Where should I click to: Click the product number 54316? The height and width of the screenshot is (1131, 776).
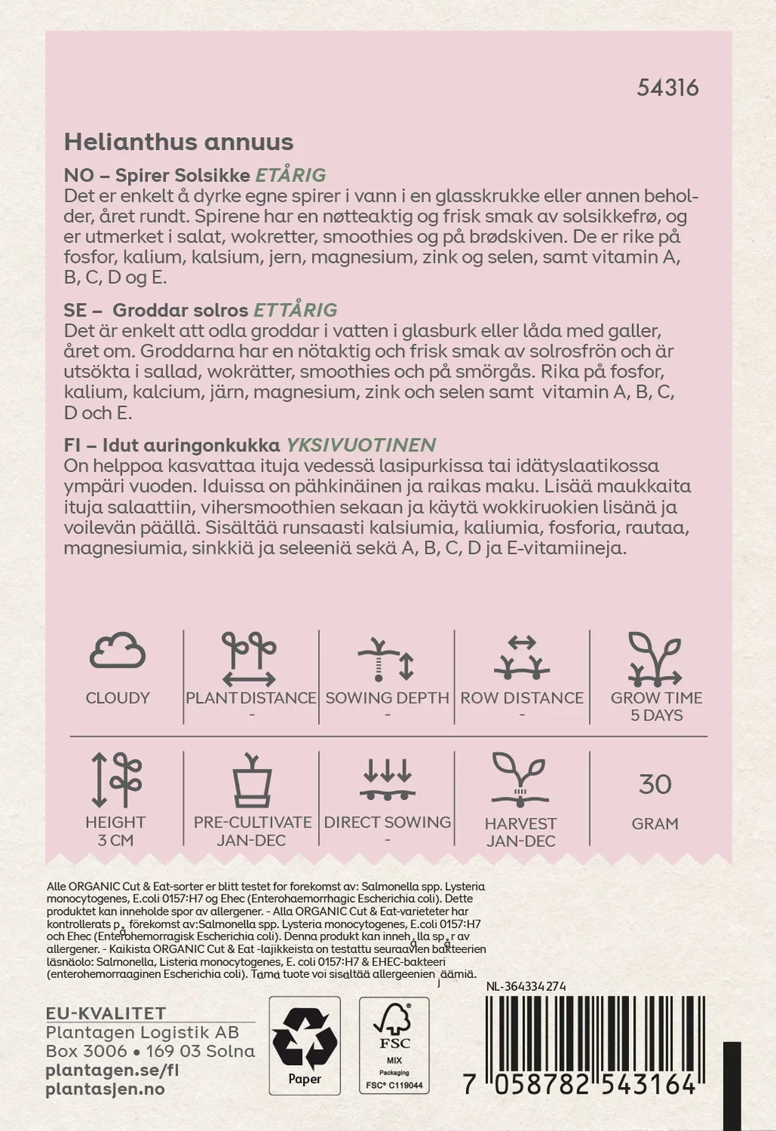668,88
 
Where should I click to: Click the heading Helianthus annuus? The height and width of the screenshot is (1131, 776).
179,142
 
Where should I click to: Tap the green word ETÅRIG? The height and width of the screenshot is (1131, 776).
290,175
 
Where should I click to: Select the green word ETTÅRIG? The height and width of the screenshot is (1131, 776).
295,310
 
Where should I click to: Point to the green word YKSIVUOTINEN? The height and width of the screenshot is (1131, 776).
360,445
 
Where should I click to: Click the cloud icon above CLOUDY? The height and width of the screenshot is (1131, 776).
117,651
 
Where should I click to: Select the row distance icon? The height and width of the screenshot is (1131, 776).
521,657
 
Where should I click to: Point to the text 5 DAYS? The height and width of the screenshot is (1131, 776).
656,715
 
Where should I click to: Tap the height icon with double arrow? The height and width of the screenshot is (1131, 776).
116,780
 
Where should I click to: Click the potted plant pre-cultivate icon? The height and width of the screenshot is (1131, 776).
252,781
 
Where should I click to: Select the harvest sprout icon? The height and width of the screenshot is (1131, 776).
520,780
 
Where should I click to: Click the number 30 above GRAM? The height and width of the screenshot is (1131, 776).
655,784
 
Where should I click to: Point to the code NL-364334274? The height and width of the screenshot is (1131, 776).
526,986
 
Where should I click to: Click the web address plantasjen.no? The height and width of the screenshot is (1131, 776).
105,1089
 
